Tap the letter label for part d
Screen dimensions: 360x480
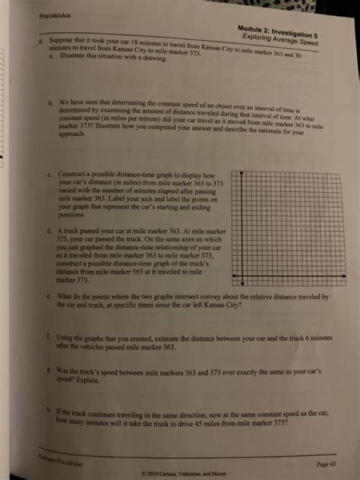47,229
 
